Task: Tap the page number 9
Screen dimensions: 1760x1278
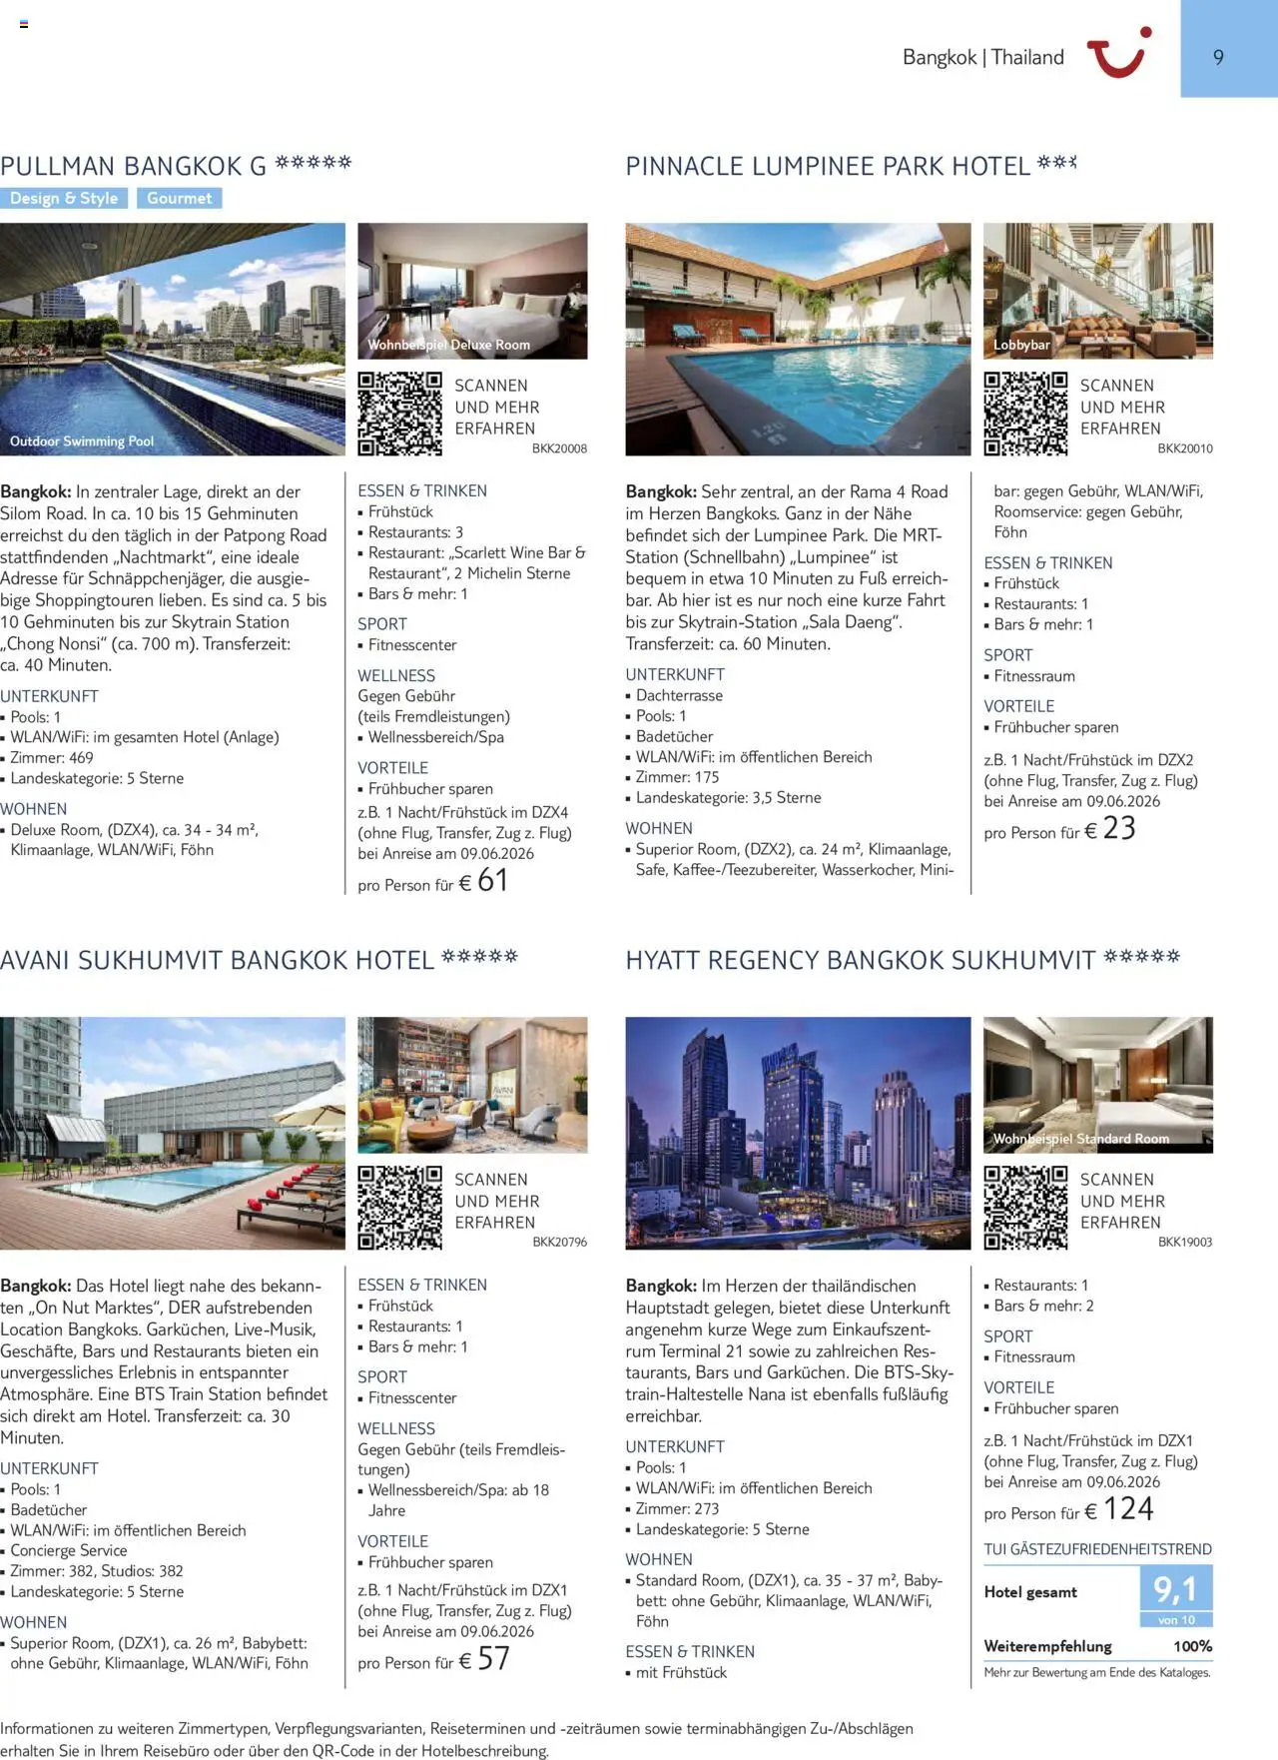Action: click(x=1218, y=58)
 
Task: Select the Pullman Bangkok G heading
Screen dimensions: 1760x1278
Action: click(x=134, y=166)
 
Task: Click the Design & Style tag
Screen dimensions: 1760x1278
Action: click(x=64, y=198)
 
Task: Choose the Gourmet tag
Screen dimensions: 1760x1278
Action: click(x=180, y=198)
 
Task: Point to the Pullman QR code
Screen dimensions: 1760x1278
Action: click(x=399, y=414)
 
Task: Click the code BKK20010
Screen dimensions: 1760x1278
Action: click(x=1185, y=448)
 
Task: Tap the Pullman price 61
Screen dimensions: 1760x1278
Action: click(x=492, y=880)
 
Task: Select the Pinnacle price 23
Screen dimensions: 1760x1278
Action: click(x=1119, y=828)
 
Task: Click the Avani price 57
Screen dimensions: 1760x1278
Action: click(x=493, y=1658)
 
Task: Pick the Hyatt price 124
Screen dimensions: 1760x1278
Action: click(x=1128, y=1508)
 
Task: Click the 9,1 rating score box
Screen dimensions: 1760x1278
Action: click(x=1175, y=1588)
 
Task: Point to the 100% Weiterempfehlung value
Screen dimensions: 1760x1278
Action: click(x=1192, y=1646)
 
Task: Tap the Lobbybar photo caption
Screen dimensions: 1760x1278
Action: click(x=1021, y=346)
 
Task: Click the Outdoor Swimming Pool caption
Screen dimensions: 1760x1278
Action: click(x=82, y=441)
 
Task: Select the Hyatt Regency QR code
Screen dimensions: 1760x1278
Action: click(x=1025, y=1208)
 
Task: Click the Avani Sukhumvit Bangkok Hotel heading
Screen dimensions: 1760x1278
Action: click(x=218, y=960)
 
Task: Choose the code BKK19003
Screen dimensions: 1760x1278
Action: click(x=1185, y=1242)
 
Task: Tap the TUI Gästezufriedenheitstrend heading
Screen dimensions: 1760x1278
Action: click(x=1097, y=1549)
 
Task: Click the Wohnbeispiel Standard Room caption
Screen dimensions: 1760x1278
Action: click(x=1080, y=1139)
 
